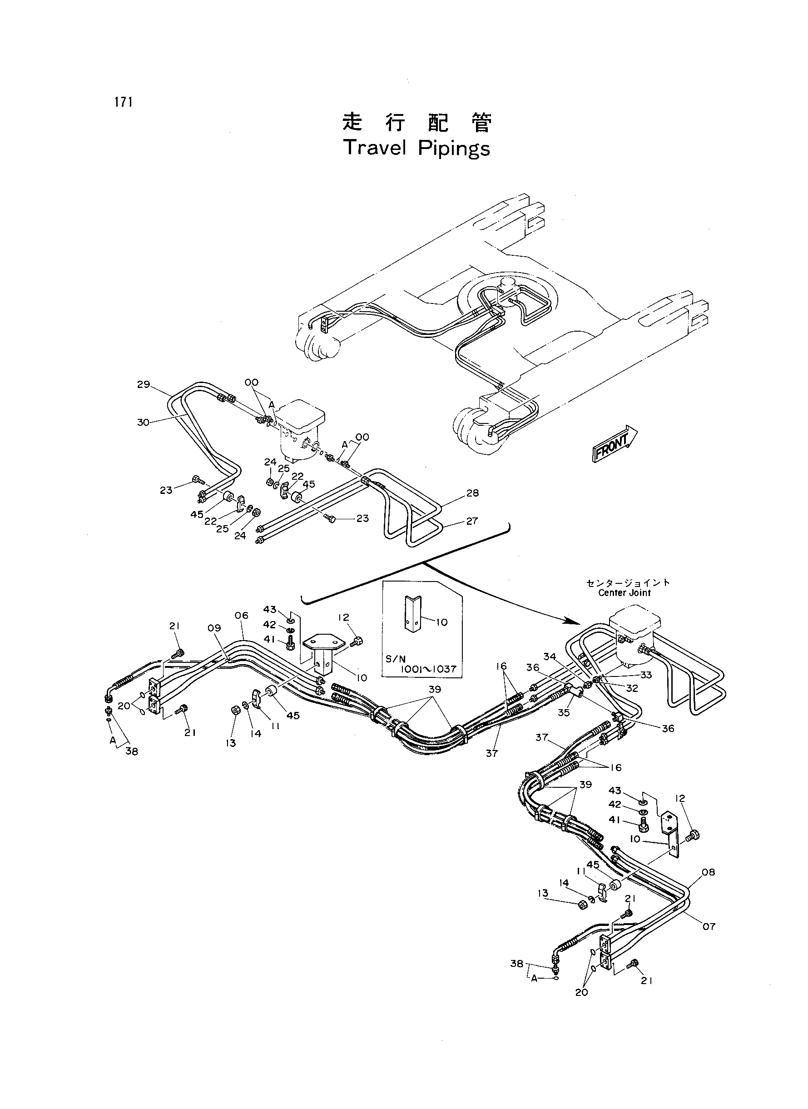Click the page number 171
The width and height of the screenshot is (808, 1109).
tap(124, 102)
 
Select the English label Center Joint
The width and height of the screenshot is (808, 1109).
tap(625, 593)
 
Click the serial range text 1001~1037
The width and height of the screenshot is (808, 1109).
tap(428, 669)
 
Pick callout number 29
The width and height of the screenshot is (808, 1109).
tap(144, 384)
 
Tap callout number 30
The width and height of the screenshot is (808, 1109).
tap(144, 422)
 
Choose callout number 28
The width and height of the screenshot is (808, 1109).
tap(472, 493)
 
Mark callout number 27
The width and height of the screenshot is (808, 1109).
tap(472, 521)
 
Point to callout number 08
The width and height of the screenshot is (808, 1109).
tap(708, 872)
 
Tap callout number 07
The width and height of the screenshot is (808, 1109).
tap(709, 926)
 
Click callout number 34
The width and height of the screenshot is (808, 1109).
tap(550, 656)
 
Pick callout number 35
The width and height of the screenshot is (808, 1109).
tap(564, 713)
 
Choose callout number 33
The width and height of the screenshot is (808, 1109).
tap(646, 676)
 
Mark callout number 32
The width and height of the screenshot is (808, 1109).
tap(632, 688)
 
